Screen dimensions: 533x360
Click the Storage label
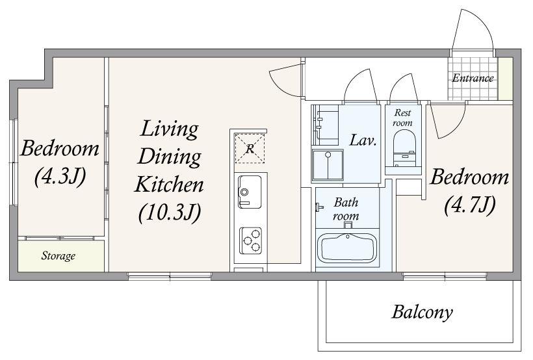coord(58,255)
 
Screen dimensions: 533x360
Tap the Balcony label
coord(422,312)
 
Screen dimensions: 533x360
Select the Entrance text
coord(473,78)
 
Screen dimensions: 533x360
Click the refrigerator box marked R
coord(250,149)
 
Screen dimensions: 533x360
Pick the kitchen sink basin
coord(250,192)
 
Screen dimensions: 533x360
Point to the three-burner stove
coord(250,240)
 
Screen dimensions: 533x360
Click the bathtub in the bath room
coord(347,249)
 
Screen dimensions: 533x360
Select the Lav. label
coord(363,140)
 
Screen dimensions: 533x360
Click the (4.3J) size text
coord(60,176)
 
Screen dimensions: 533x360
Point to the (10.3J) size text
coord(170,212)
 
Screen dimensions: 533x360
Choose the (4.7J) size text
coord(469,205)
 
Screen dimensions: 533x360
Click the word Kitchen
coord(169,185)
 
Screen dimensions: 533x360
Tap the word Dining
coord(169,158)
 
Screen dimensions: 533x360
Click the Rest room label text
coord(402,118)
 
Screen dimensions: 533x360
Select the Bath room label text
coord(346,209)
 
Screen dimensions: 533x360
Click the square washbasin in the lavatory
coord(328,164)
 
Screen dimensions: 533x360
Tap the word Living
coord(169,129)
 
